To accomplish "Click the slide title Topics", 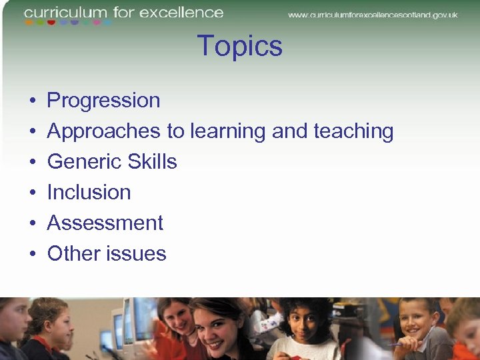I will (x=240, y=47).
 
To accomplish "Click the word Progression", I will (x=103, y=101).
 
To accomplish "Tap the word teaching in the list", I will (x=353, y=131).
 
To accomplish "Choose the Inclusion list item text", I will (x=89, y=193).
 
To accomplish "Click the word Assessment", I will (x=105, y=223).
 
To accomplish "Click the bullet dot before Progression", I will (x=33, y=101).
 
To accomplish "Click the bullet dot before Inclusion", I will (x=33, y=193).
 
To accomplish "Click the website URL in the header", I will (x=373, y=15).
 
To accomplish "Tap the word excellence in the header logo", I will (x=181, y=12).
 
